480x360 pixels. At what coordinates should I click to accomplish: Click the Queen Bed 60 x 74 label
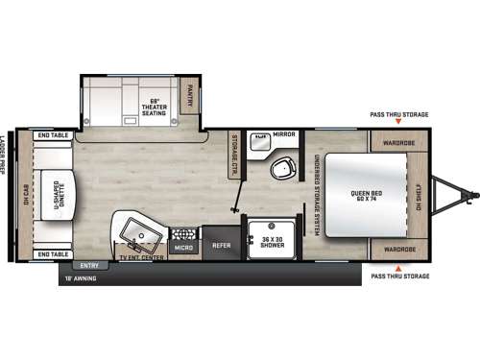(x=360, y=196)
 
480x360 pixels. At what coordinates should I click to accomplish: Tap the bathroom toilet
(x=282, y=169)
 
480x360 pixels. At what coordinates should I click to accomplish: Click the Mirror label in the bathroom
(x=284, y=135)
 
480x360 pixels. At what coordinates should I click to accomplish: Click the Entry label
(x=89, y=265)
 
